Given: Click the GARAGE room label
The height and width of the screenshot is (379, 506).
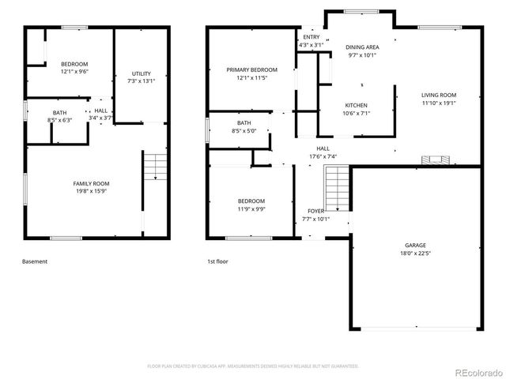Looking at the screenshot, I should pos(416,245).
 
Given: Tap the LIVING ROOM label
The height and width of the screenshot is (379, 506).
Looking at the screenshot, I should pos(439,95).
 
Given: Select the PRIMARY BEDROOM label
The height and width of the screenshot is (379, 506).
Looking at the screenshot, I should pos(252,69).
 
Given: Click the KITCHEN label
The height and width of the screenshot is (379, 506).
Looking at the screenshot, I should pos(356,105).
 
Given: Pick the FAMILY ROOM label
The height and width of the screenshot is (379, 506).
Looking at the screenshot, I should pos(96,183).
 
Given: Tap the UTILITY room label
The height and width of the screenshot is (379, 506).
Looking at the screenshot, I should pos(141,73).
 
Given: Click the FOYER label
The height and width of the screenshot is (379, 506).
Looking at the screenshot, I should pos(315,211).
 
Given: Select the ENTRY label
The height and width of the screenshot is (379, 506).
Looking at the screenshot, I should pos(311,37).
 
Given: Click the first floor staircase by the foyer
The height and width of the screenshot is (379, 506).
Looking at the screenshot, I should pos(336,191).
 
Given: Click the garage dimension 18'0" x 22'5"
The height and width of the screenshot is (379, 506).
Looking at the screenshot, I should pos(416,254).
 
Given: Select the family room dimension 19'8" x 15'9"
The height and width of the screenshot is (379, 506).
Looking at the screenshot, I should pos(96,191).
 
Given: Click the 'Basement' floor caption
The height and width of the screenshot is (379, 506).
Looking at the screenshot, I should pos(35,261).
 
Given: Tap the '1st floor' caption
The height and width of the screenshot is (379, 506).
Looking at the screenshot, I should pos(218,261).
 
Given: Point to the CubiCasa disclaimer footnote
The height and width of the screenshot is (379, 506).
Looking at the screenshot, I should pos(253,366).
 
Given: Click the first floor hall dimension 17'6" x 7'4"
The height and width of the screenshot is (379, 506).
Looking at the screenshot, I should pos(323,156).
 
